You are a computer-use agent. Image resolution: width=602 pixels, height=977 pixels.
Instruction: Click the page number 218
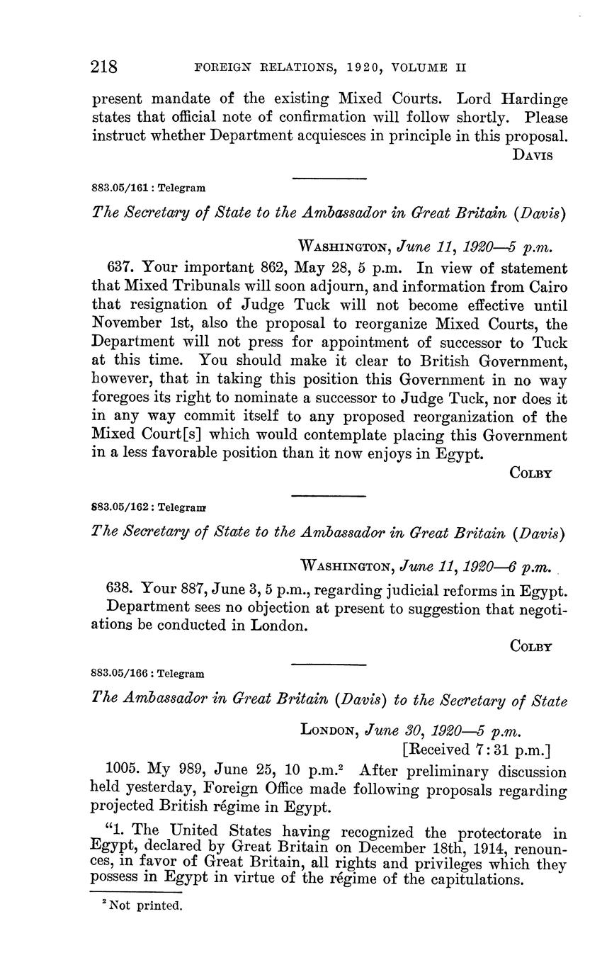tap(104, 67)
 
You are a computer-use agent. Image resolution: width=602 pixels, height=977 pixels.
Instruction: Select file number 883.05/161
tap(123, 188)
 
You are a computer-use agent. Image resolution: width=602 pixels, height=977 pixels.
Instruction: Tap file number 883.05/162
tap(123, 507)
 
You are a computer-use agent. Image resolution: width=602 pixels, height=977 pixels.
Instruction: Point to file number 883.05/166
tap(123, 674)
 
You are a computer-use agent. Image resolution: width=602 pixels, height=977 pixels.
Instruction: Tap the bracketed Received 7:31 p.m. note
tap(476, 750)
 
